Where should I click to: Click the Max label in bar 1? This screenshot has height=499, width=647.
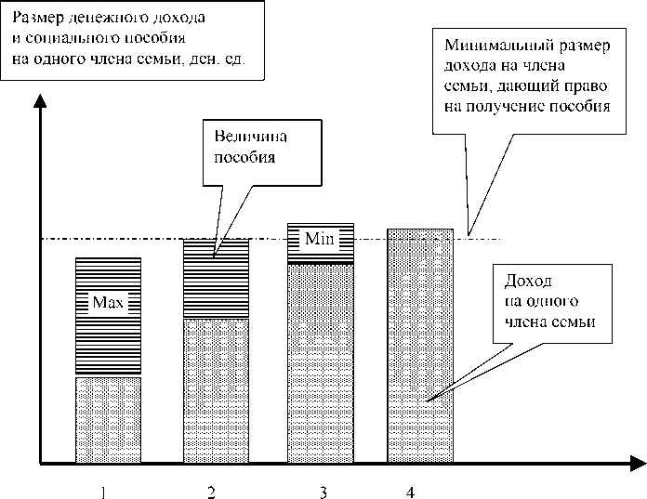[108, 302]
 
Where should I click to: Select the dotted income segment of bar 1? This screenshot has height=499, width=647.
[108, 418]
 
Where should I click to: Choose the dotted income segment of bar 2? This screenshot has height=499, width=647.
[216, 390]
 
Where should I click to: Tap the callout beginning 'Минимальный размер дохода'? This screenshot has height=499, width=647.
[526, 75]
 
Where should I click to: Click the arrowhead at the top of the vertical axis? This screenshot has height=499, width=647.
[39, 99]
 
